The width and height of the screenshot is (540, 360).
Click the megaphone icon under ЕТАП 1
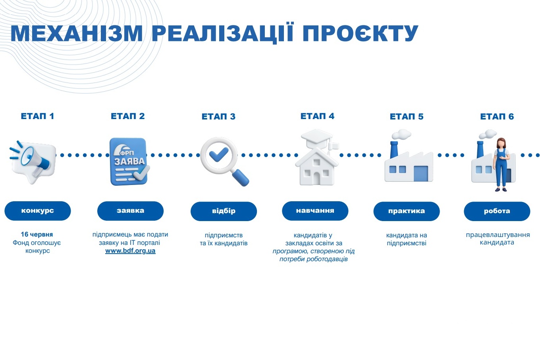click(33, 162)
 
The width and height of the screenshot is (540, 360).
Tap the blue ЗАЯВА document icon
click(129, 162)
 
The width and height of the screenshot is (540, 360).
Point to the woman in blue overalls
click(501, 165)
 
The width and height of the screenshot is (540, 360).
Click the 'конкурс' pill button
click(38, 211)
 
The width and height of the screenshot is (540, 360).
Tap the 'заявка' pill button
click(130, 211)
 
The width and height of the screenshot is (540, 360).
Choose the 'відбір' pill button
click(224, 211)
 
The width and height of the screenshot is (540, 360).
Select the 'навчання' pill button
click(315, 211)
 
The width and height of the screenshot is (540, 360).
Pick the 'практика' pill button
click(407, 211)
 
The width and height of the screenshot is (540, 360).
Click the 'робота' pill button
click(497, 211)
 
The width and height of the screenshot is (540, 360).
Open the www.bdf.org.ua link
click(130, 251)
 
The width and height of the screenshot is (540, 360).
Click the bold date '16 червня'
click(37, 234)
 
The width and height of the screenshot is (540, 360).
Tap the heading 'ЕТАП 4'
click(317, 116)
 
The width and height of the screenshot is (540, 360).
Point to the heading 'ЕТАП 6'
click(497, 117)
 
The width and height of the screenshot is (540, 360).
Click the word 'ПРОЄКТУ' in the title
click(360, 33)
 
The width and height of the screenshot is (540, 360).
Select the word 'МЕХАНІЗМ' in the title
click(77, 33)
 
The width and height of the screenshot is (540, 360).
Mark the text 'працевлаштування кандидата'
click(498, 239)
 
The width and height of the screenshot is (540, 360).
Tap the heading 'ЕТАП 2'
click(128, 116)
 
